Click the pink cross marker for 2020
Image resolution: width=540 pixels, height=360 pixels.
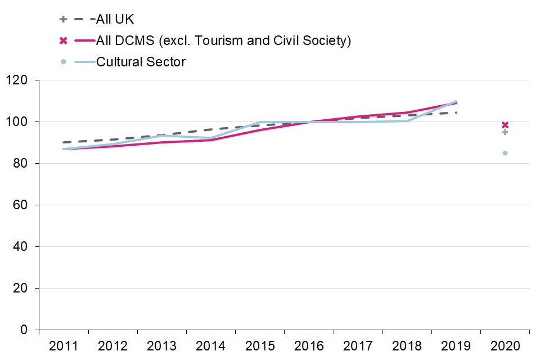[505, 125]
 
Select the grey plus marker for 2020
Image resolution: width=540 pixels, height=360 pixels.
[505, 132]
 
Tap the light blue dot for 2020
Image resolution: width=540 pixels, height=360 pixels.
[505, 153]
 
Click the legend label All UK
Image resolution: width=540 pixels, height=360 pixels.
[115, 20]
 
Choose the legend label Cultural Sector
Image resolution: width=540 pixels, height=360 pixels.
[141, 62]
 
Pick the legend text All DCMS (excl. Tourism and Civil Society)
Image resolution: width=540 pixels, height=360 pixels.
[223, 40]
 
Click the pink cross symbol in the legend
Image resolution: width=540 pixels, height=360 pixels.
[64, 40]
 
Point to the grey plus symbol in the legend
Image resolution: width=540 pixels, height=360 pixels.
[64, 20]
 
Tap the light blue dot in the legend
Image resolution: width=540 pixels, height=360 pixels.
[64, 62]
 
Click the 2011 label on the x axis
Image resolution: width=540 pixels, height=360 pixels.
[64, 345]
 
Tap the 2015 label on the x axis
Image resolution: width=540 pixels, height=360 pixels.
[259, 345]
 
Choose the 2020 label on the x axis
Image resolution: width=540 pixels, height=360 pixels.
[505, 345]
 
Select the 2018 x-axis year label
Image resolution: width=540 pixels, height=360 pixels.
[407, 345]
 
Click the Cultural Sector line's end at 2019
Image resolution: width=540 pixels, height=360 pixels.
[456, 101]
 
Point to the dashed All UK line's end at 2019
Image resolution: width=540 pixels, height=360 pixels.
[456, 112]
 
